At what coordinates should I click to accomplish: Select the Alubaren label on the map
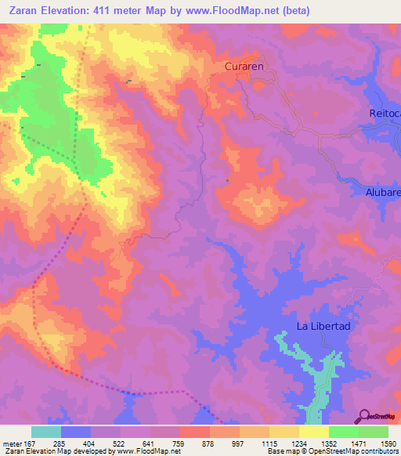point(382,192)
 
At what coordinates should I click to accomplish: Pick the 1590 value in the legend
point(388,443)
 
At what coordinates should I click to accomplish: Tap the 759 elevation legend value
point(179,443)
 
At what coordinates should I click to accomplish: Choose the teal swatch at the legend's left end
point(46,432)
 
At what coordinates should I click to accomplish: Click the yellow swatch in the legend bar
point(313,432)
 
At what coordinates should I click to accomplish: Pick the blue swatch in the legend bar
point(76,432)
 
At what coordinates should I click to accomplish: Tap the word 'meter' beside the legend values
point(11,443)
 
